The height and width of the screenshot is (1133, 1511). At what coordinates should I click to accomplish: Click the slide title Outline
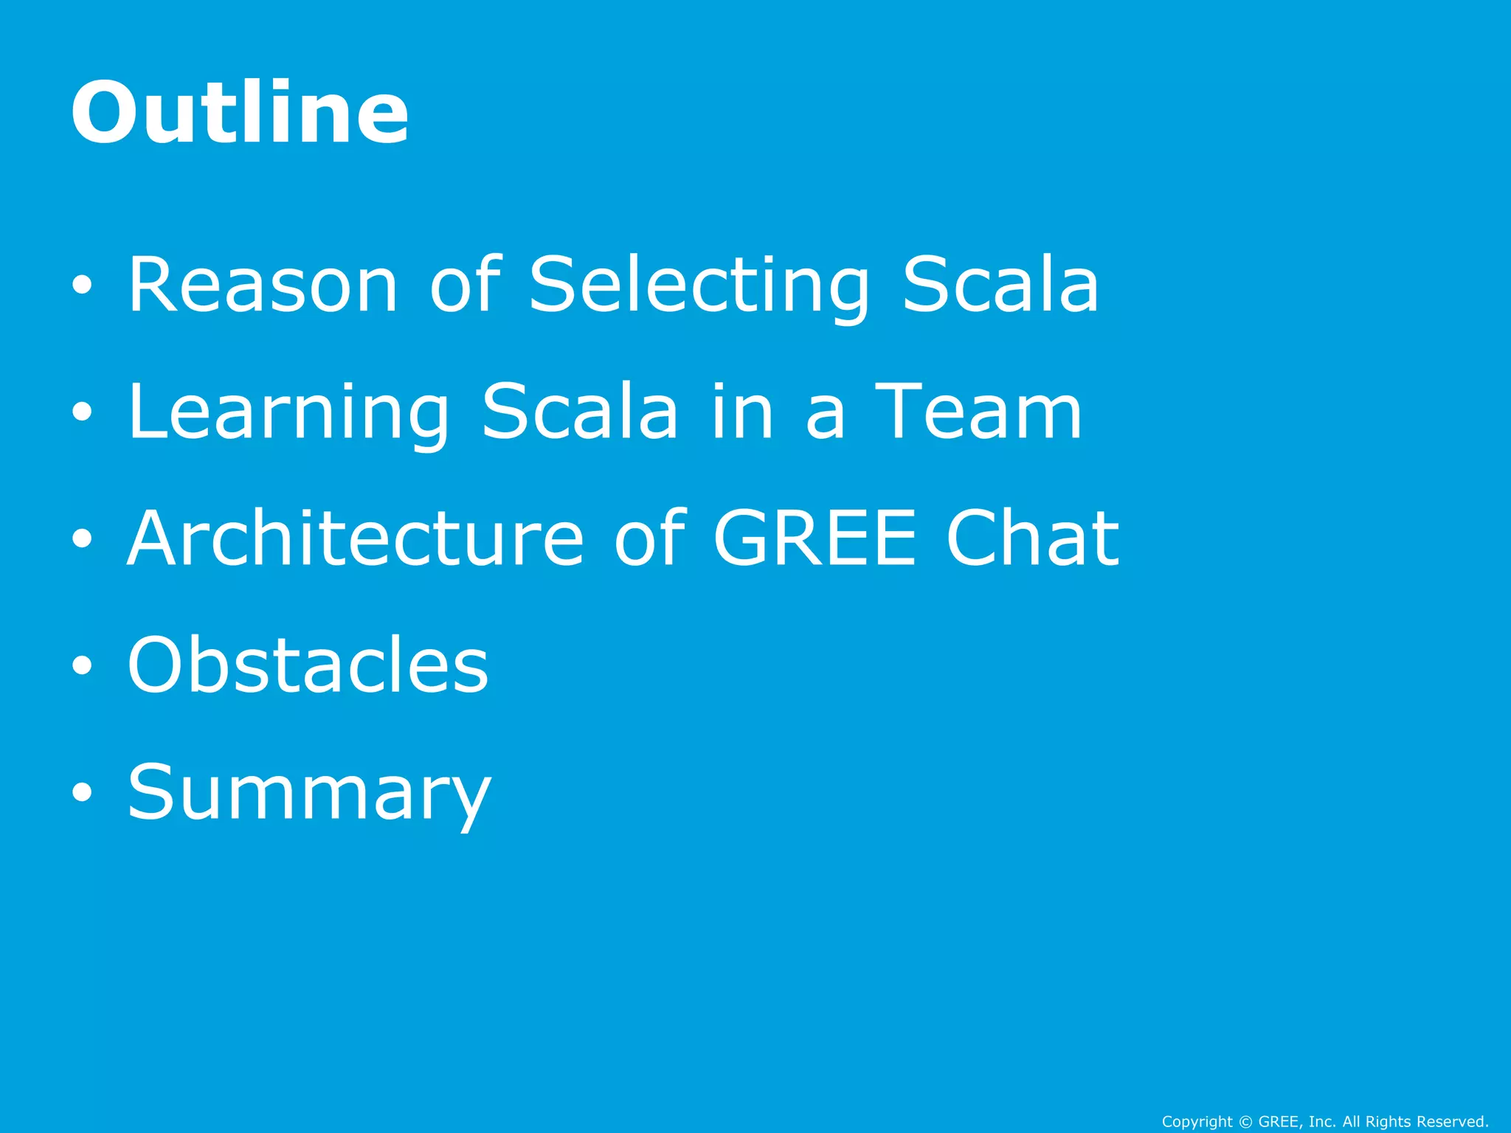(x=240, y=112)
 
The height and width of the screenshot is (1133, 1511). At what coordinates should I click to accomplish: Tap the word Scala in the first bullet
(x=1000, y=285)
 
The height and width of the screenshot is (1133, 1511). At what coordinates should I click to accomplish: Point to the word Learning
(x=288, y=413)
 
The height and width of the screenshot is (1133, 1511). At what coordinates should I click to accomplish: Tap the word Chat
(x=1032, y=538)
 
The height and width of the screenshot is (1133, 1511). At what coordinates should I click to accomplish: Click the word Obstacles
(x=308, y=665)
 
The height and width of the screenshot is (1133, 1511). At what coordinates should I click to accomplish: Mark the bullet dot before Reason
(x=83, y=286)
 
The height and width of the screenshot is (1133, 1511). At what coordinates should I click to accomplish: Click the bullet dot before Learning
(x=83, y=413)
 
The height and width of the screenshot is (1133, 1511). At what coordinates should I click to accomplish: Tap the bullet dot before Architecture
(x=83, y=539)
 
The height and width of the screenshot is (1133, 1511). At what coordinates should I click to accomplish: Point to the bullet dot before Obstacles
(x=83, y=666)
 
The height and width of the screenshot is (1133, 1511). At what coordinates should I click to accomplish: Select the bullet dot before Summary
(x=83, y=793)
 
